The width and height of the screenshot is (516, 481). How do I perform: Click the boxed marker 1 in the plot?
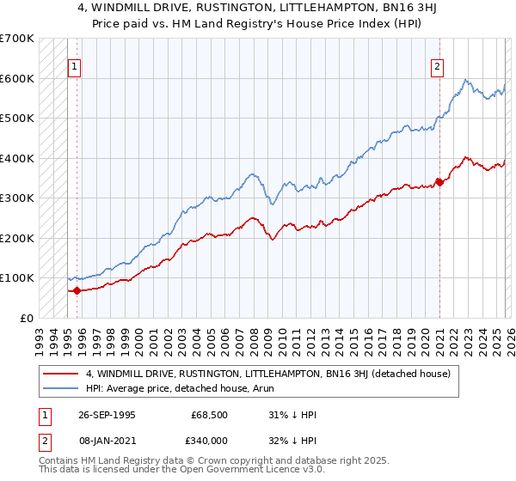click(x=75, y=66)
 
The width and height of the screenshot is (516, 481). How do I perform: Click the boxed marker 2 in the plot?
click(x=438, y=66)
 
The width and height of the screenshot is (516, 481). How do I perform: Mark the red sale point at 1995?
click(x=77, y=290)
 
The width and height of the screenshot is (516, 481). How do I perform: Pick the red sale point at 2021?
click(x=439, y=181)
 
